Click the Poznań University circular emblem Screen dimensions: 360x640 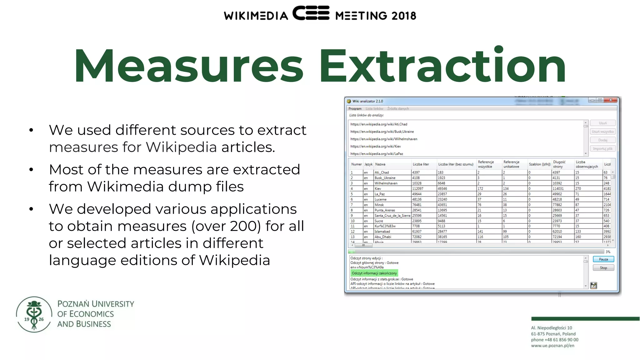[x=34, y=314]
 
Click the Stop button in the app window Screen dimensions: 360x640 [x=603, y=268]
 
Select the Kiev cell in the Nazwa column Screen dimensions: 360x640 [x=378, y=188]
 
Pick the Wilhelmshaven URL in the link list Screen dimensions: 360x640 [x=384, y=139]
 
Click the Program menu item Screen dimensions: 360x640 [x=355, y=109]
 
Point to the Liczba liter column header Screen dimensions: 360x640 [x=421, y=164]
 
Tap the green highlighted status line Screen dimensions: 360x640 [x=374, y=273]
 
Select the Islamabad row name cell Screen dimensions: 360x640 [x=382, y=232]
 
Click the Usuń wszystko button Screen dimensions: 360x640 [x=602, y=132]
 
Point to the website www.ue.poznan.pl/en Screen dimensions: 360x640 [x=552, y=346]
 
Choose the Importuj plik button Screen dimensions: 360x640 [x=602, y=149]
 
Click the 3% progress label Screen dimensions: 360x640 [x=608, y=252]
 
